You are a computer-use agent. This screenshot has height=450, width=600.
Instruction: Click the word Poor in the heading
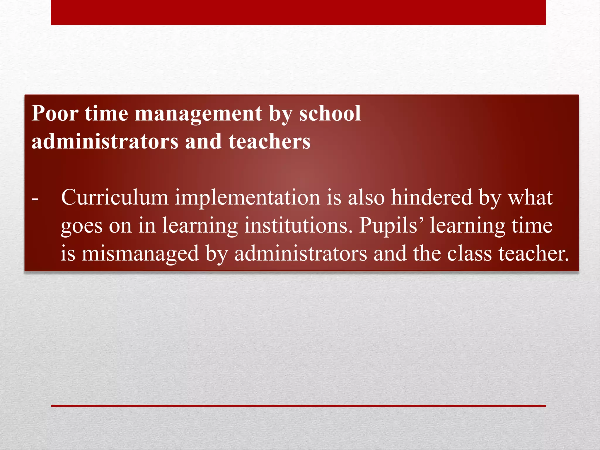tap(55, 113)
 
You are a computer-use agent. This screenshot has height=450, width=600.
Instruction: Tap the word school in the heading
tap(330, 113)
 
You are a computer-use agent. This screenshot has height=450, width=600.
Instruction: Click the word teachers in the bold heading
tap(269, 142)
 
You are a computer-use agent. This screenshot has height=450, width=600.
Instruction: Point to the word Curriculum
tap(115, 197)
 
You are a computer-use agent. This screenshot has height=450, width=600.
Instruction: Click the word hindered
tap(432, 197)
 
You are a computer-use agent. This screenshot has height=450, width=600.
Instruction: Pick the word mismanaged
tap(140, 254)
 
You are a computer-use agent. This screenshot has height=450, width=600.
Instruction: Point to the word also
tap(366, 197)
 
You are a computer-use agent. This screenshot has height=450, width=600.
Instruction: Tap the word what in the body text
tap(531, 197)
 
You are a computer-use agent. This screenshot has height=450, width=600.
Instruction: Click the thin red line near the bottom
tap(298, 406)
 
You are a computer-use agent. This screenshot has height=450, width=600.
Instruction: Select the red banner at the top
tap(298, 12)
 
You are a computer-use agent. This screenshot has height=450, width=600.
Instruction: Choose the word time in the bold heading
tap(107, 113)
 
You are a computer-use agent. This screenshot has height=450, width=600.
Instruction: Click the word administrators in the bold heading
tap(105, 142)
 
